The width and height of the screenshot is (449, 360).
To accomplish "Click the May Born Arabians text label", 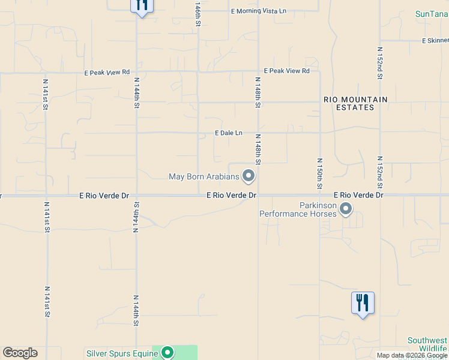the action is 203,176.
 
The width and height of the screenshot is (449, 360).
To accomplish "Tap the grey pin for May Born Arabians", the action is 249,176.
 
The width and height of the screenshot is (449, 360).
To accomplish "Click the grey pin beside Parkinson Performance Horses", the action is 346,209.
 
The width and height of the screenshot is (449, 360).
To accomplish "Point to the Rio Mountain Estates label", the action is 355,103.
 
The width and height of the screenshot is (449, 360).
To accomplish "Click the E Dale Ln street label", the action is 229,133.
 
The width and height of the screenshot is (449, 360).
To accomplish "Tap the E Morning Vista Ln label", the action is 259,11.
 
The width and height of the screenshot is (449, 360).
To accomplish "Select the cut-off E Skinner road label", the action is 435,41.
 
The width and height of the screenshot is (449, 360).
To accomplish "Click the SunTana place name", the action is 432,14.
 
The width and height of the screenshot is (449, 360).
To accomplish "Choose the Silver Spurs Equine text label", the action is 122,353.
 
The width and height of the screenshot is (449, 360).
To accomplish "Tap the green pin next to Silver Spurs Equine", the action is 167,353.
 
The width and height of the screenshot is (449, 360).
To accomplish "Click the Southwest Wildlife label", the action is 427,344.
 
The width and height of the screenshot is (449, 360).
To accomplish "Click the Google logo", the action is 20,353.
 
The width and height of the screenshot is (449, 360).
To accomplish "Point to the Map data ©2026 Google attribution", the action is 412,355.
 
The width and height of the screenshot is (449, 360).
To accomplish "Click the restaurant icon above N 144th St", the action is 142,5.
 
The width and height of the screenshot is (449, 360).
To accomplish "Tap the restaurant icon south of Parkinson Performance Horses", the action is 363,303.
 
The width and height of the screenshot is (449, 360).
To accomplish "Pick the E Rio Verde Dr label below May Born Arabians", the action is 231,196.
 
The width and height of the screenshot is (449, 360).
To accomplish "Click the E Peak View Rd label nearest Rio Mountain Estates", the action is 289,71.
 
